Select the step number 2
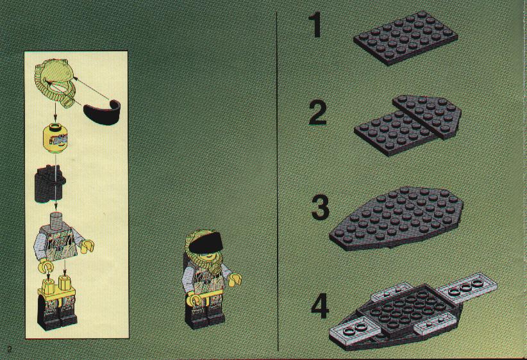coord(317,113)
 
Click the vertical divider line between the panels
coord(276,179)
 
